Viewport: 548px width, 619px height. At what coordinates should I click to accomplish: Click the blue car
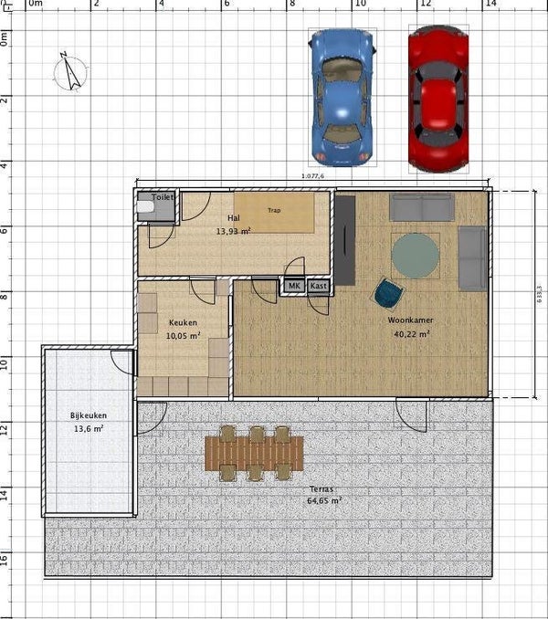342,97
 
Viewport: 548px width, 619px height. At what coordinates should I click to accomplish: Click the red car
437,98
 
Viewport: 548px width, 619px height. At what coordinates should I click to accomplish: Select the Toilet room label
163,196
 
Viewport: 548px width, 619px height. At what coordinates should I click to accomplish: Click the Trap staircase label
274,210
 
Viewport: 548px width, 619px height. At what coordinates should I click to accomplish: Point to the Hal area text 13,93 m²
233,232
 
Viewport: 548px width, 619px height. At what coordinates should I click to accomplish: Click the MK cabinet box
293,287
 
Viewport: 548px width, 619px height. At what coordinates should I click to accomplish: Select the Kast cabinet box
318,287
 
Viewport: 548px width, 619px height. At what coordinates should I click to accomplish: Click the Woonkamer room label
409,321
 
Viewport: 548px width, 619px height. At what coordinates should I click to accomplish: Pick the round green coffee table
416,256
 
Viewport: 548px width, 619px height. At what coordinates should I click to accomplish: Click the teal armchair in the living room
388,293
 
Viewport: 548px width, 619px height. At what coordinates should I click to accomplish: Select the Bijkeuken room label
87,415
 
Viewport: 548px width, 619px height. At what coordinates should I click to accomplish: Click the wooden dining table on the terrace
254,452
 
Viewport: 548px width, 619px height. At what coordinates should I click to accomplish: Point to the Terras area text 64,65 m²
324,500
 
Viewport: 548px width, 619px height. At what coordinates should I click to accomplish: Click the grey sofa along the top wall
421,207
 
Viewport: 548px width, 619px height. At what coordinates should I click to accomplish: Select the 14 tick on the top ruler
490,4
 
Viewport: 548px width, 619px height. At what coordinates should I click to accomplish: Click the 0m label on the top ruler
36,4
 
